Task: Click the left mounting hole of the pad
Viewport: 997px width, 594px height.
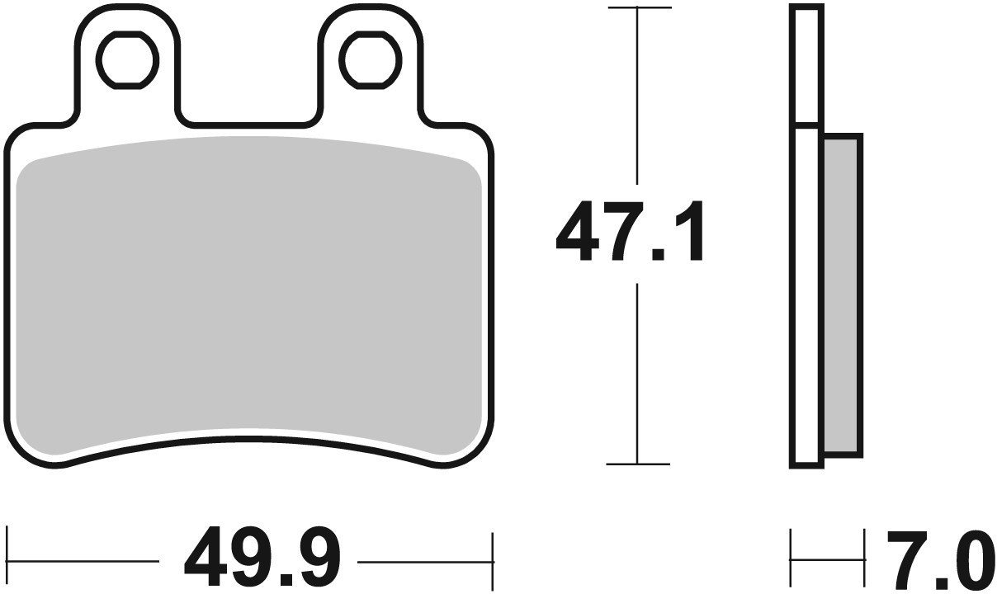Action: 126,58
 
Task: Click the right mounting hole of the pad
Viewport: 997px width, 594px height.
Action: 371,58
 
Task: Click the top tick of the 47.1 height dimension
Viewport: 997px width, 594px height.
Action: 637,8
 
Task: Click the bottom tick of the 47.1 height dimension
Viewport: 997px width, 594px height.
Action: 637,464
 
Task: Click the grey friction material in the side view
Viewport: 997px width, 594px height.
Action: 842,295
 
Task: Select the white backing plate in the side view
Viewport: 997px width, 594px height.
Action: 806,295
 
